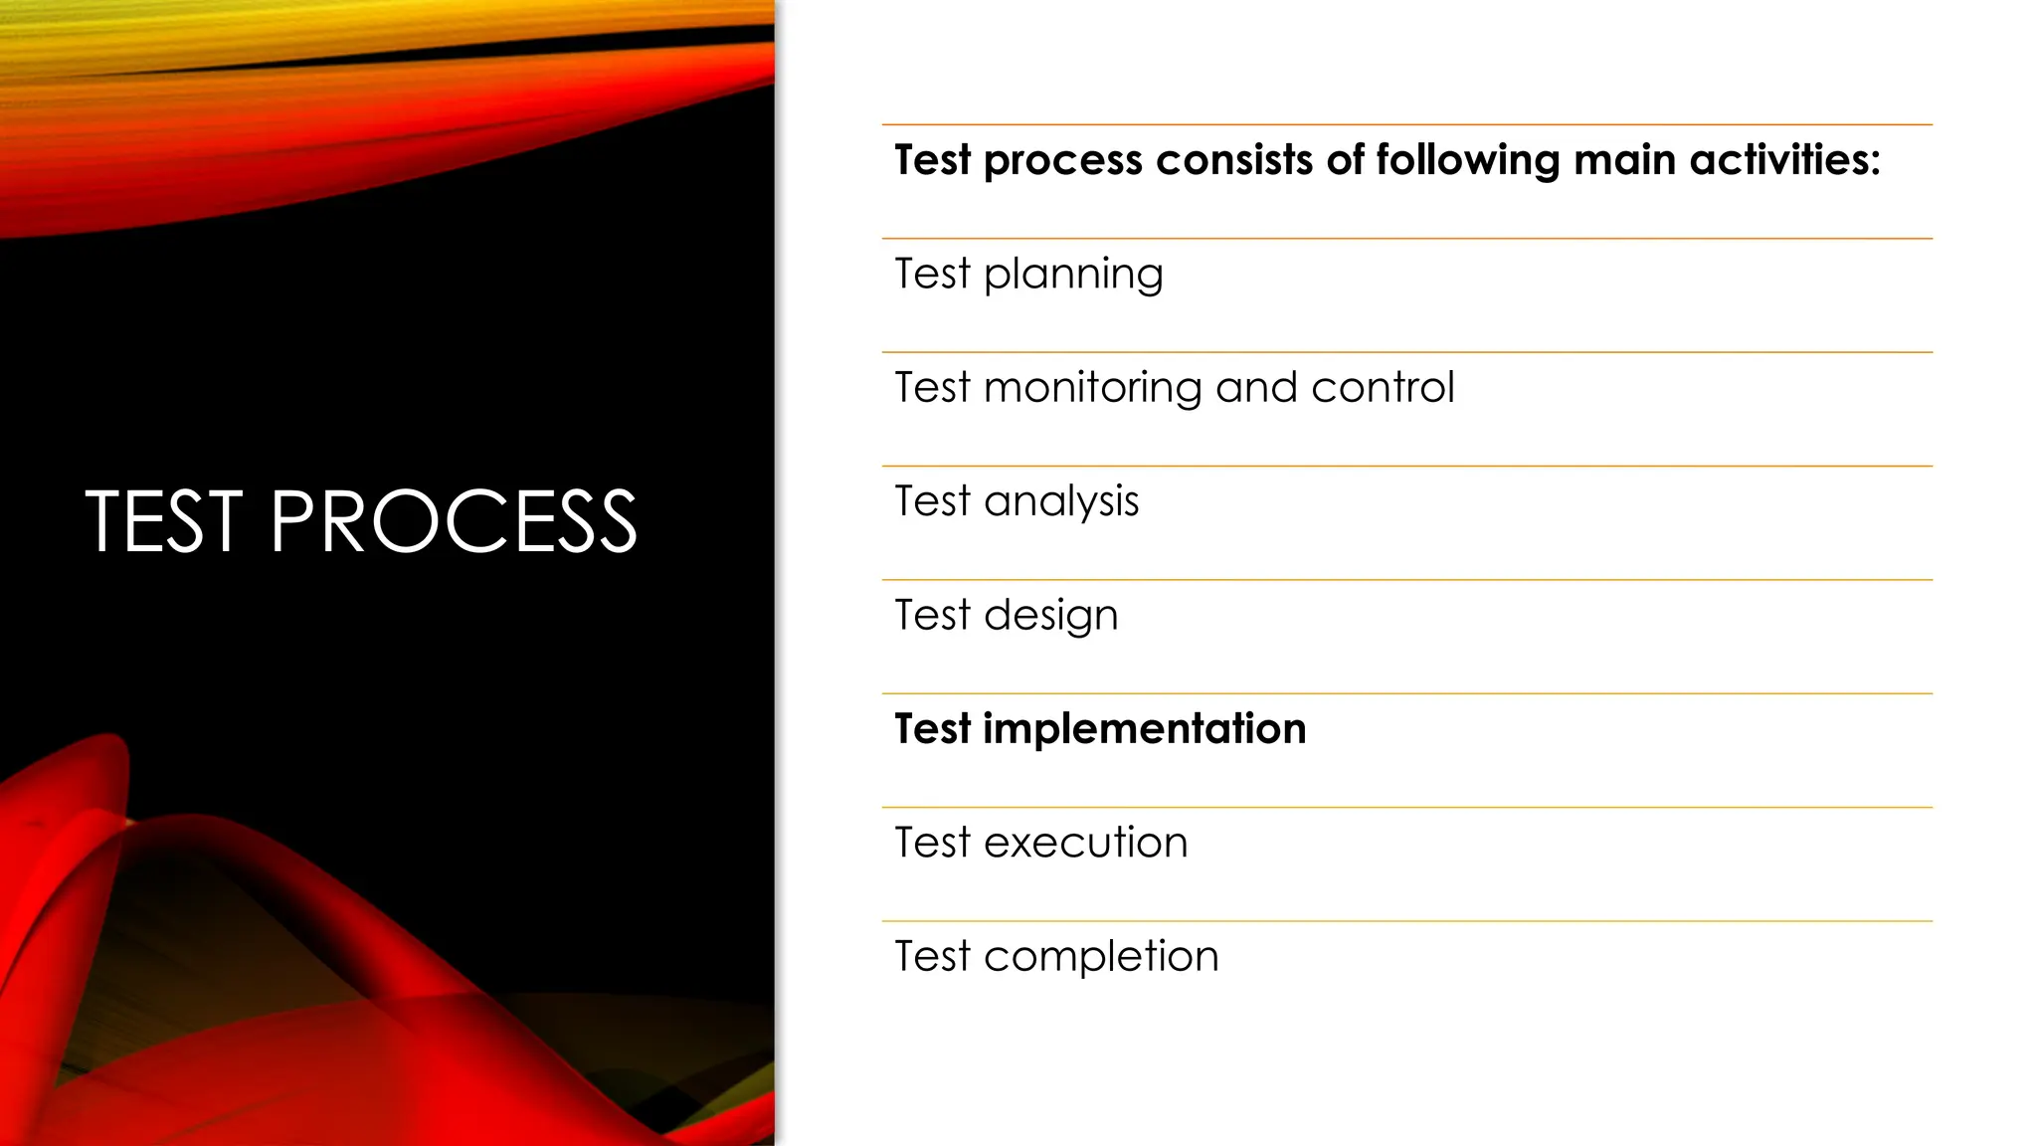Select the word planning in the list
(x=1073, y=275)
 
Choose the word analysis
(x=1061, y=502)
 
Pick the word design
(x=1051, y=616)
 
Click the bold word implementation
(x=1145, y=729)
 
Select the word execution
(x=1086, y=843)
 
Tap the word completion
(x=1101, y=957)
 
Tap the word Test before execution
(x=932, y=843)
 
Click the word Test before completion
(x=932, y=957)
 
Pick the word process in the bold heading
(x=1063, y=161)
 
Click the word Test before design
(x=932, y=615)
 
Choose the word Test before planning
(x=932, y=274)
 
